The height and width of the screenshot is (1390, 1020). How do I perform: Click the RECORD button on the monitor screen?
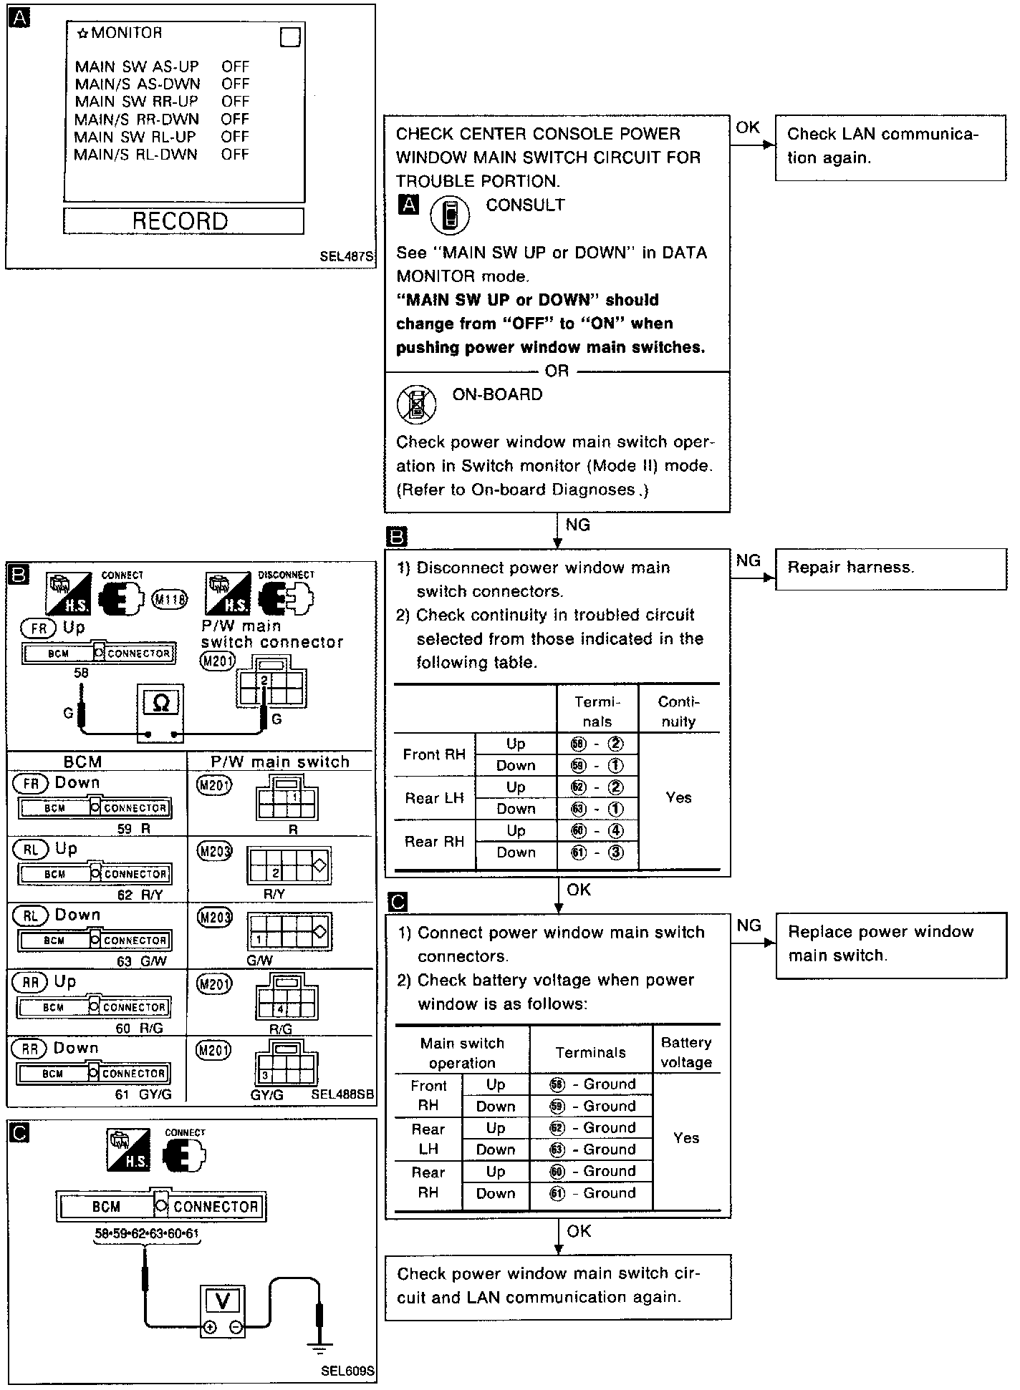click(x=183, y=221)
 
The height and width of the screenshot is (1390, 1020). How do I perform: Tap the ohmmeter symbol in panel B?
click(x=161, y=704)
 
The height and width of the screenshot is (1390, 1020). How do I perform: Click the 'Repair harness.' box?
click(x=890, y=569)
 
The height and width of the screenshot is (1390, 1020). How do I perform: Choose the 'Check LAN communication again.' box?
click(x=890, y=146)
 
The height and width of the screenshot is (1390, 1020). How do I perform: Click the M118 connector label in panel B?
click(x=170, y=598)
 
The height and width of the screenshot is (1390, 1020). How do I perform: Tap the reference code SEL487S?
click(x=347, y=256)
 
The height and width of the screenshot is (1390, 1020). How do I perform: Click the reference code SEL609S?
click(x=347, y=1371)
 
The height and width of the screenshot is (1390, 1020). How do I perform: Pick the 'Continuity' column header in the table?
click(x=678, y=711)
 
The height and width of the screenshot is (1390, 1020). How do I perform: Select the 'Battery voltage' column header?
click(x=685, y=1052)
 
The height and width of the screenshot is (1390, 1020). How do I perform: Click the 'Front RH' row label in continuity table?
click(x=434, y=754)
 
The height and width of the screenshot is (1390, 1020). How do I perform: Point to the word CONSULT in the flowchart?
click(x=525, y=205)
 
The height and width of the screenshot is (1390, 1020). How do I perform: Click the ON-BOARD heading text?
click(x=497, y=394)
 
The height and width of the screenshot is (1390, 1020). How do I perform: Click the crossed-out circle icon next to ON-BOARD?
click(x=416, y=404)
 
